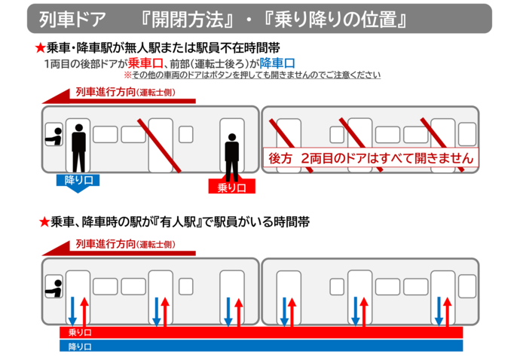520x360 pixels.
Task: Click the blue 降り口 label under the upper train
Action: pos(78,181)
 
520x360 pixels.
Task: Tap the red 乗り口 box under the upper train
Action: pos(232,186)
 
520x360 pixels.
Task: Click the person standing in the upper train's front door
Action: pos(78,148)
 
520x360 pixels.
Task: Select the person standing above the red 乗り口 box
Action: pos(232,157)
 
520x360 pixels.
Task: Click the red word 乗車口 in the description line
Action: pos(145,63)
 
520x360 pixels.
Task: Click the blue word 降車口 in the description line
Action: pos(277,63)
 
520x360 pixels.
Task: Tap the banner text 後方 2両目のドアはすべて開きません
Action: pos(371,158)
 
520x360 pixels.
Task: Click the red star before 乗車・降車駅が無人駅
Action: pos(40,48)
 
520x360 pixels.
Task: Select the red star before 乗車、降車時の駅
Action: pos(44,221)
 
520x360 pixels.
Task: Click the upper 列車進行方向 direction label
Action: pos(125,92)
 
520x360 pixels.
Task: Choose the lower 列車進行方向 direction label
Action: pos(125,244)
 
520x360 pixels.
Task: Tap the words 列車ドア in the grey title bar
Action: pos(72,20)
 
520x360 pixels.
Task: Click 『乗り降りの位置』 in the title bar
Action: pos(335,20)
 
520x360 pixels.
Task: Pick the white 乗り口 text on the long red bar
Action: pos(80,332)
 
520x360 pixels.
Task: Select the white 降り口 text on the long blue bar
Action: pos(80,346)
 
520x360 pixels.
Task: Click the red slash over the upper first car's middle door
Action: pos(159,146)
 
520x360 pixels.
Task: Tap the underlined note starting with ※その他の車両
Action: pos(252,75)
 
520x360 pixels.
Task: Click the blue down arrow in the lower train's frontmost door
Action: pos(72,312)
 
